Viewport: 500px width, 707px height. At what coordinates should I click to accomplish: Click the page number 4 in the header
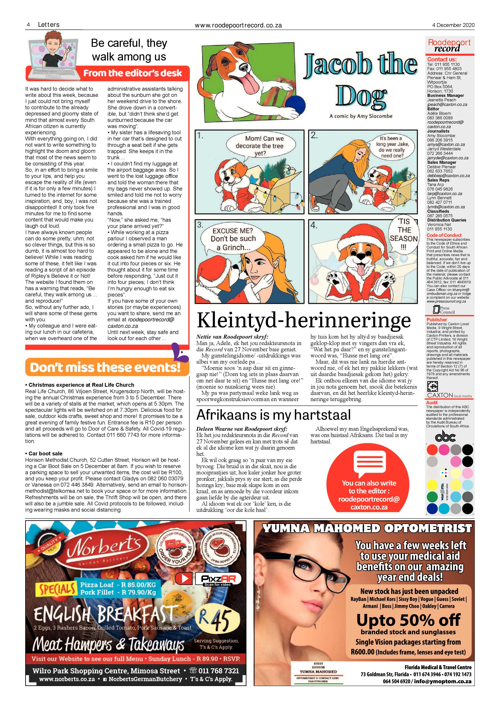click(x=28, y=25)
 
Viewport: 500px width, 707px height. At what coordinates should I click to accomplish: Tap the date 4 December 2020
click(x=453, y=25)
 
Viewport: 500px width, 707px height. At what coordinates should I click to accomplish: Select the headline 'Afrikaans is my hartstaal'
click(x=273, y=415)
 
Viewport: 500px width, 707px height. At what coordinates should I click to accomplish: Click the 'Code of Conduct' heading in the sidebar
click(x=444, y=235)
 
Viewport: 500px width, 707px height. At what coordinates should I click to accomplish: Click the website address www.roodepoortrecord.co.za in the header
click(x=238, y=26)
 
